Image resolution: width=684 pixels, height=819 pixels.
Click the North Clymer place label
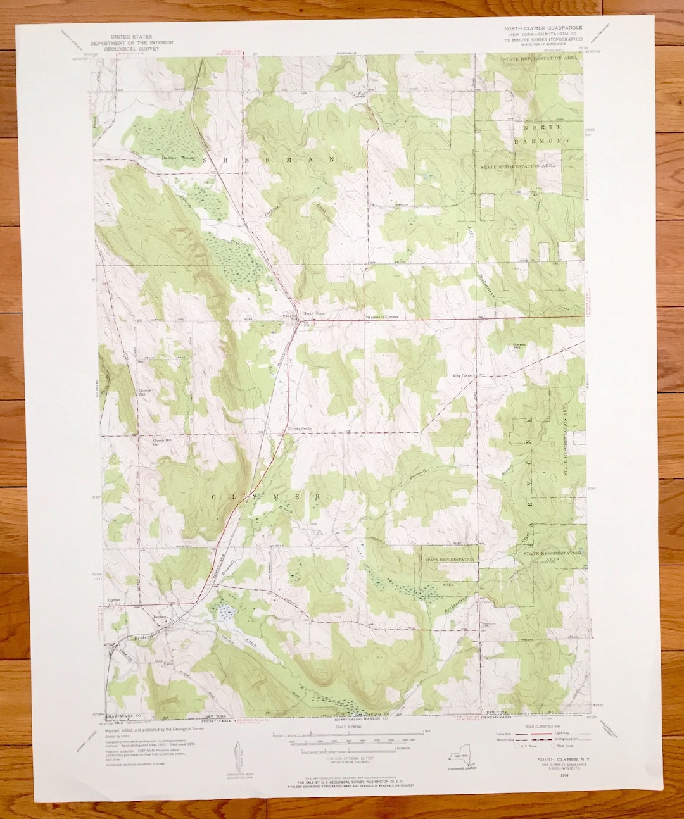coord(315,313)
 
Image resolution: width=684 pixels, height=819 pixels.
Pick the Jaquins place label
coord(158,613)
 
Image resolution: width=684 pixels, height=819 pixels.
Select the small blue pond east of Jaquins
coord(225,611)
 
